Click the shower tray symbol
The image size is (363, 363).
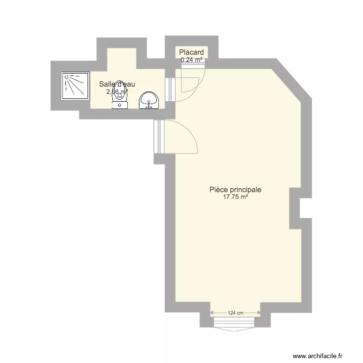tap(76, 86)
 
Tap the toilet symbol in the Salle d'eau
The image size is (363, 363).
tap(120, 99)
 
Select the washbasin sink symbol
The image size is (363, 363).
tap(149, 101)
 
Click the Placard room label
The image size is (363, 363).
tap(191, 52)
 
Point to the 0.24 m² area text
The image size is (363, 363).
tap(192, 60)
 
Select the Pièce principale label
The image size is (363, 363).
tap(236, 190)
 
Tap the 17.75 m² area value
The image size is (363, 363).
tap(236, 197)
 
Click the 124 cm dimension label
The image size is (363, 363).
tap(236, 313)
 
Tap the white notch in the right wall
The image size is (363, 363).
tap(304, 208)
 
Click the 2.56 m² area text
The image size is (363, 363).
tap(117, 91)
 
